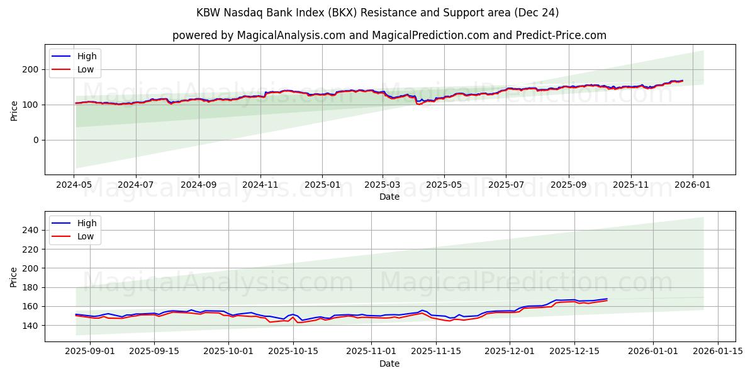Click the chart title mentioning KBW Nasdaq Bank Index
tap(377, 13)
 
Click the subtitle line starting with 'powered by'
tap(389, 35)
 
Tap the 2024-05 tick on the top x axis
tap(75, 185)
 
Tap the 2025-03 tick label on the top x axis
tap(383, 185)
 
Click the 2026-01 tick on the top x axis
tap(693, 185)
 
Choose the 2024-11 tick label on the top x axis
tap(260, 185)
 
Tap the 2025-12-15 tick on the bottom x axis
tap(574, 352)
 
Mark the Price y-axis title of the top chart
tap(14, 110)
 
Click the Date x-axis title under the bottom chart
tap(389, 364)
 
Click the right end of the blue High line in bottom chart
tap(607, 299)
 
